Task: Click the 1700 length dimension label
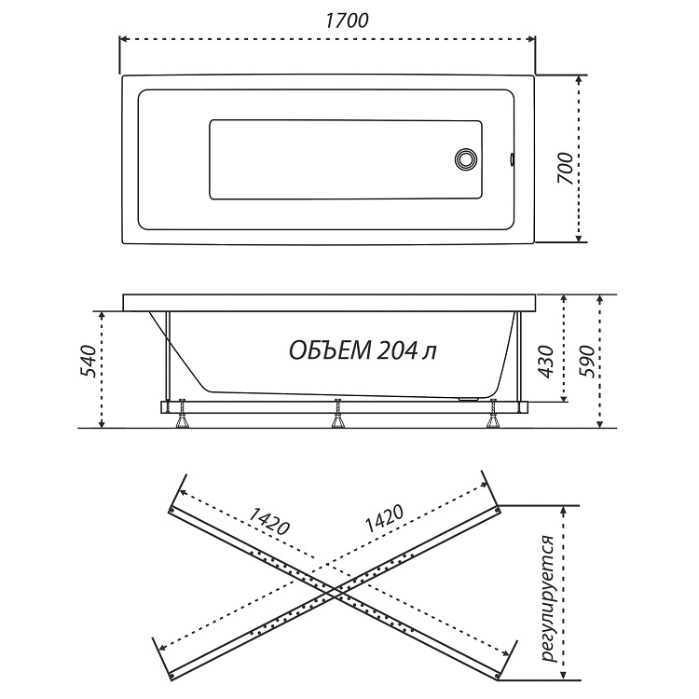point(347,21)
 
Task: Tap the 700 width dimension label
point(565,169)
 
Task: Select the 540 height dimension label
point(88,361)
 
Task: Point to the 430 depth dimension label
point(545,362)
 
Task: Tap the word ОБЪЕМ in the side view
point(329,350)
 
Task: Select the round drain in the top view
point(466,159)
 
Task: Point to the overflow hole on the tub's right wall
point(512,159)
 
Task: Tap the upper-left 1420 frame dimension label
point(268,521)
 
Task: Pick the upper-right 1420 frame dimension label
point(384,518)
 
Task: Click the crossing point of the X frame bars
point(334,594)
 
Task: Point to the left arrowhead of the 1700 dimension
point(124,39)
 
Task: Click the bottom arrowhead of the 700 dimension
point(578,238)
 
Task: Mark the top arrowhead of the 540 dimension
point(103,316)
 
